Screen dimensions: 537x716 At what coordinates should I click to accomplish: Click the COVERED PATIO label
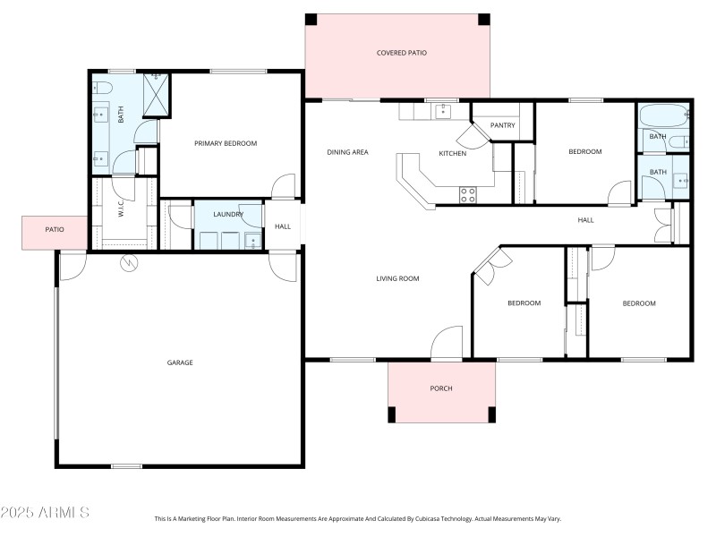401,53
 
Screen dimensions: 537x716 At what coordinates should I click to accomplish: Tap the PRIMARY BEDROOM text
226,143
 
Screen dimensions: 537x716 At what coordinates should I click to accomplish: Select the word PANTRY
502,125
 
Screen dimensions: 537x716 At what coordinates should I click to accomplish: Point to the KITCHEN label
452,153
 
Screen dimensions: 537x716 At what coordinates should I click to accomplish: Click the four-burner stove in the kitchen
468,194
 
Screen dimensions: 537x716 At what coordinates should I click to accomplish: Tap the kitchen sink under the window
442,111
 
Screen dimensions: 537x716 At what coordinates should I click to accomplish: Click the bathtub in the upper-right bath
663,115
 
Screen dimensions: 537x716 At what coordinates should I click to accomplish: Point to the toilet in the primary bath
102,88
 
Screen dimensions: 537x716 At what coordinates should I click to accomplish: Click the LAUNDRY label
227,214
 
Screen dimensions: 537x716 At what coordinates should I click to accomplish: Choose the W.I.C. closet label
121,214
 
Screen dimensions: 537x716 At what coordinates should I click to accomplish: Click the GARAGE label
180,362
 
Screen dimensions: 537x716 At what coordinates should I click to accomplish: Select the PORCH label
440,388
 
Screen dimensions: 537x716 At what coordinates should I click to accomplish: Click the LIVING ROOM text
397,278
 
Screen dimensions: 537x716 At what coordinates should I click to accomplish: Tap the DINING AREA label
347,152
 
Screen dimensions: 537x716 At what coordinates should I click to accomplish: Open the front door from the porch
446,345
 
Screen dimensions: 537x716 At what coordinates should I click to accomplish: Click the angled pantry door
468,136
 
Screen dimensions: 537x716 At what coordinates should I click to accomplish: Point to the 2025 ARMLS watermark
45,513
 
